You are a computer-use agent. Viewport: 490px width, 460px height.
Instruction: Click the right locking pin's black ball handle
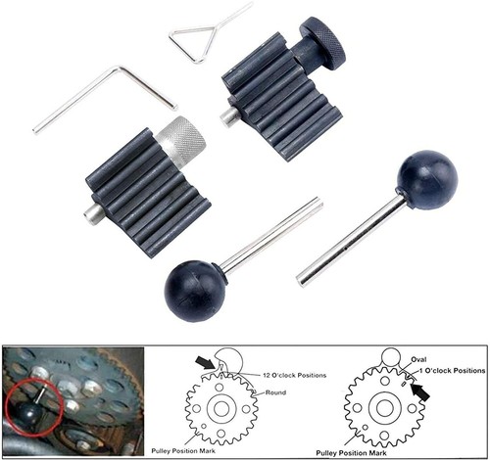[x=425, y=178]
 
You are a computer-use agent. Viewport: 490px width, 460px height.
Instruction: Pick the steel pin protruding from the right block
[x=228, y=115]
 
